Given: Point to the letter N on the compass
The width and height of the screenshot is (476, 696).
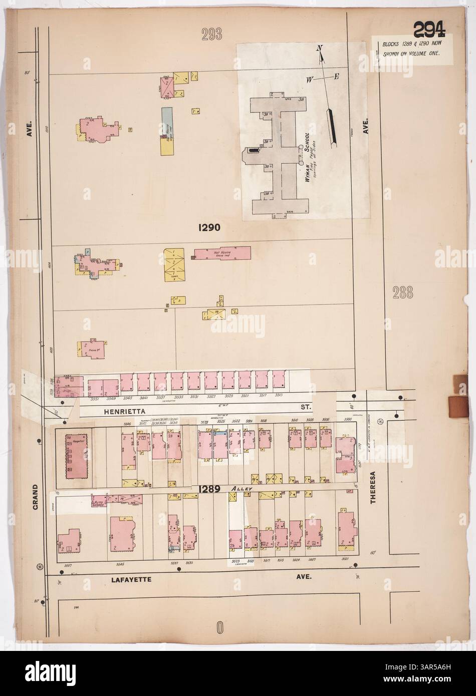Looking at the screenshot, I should (x=319, y=48).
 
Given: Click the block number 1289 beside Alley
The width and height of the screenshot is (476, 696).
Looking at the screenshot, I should (x=209, y=489).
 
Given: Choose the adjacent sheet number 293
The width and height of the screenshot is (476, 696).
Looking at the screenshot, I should (x=212, y=34).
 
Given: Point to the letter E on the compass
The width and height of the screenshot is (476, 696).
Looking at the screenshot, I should (x=337, y=76).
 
